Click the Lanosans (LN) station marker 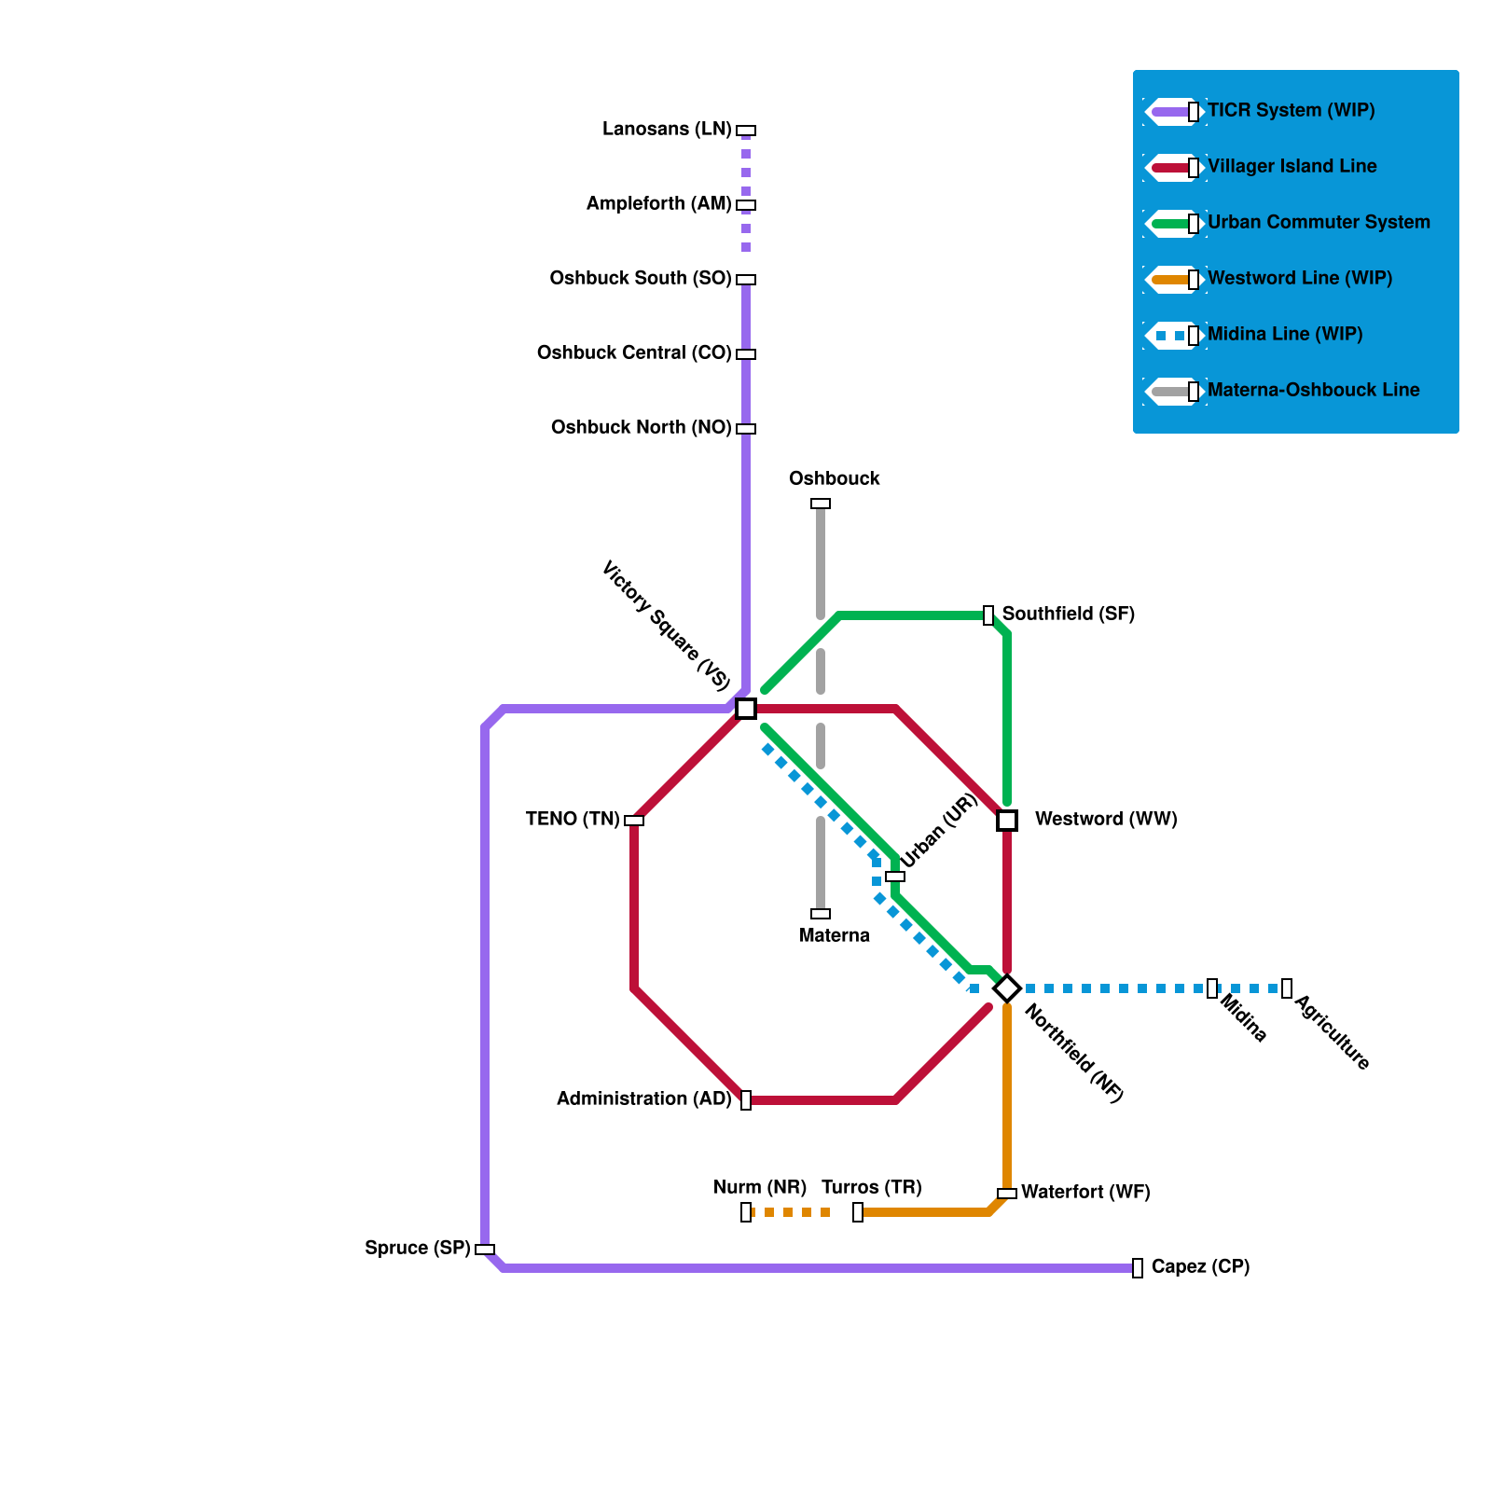click(746, 131)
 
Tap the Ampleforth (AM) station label click(658, 203)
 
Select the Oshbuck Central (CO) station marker click(746, 354)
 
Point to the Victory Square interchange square click(746, 709)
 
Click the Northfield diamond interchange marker click(1007, 988)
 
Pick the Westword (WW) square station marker click(1007, 821)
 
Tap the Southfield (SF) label click(1068, 614)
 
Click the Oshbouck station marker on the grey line click(821, 504)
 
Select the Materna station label click(835, 935)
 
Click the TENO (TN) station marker click(634, 821)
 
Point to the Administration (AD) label click(643, 1098)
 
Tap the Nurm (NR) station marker click(746, 1212)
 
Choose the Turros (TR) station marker click(858, 1212)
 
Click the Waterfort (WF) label click(1085, 1192)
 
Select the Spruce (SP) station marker click(485, 1250)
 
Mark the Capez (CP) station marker click(1138, 1268)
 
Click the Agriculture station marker click(1287, 988)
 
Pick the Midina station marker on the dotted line click(1212, 988)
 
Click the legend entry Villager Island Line click(1292, 166)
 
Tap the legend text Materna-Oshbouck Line click(1313, 390)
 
